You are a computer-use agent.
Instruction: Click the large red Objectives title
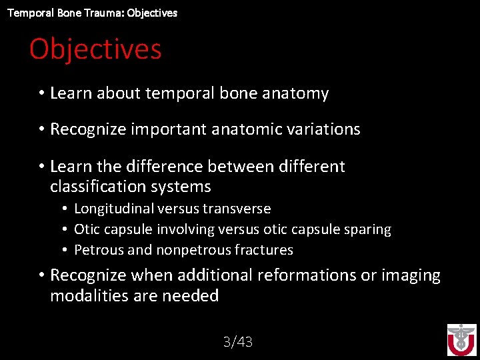coord(95,49)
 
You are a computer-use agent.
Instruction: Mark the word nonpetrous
coord(188,250)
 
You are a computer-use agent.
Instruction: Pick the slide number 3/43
coord(238,342)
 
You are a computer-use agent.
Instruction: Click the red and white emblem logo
coord(461,340)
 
